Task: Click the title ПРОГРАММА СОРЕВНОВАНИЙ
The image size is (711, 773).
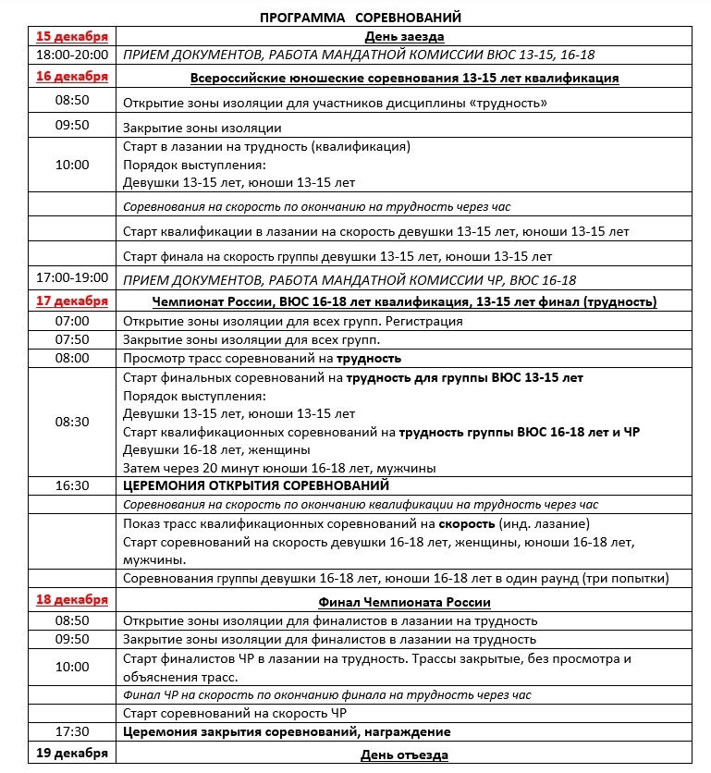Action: pyautogui.click(x=361, y=17)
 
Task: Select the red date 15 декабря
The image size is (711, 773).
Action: pyautogui.click(x=71, y=36)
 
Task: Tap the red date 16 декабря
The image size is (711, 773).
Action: pyautogui.click(x=71, y=77)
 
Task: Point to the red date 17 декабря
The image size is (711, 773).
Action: pyautogui.click(x=71, y=301)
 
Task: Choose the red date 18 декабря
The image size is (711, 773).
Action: pyautogui.click(x=71, y=600)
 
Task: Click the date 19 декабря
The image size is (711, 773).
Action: pyautogui.click(x=71, y=754)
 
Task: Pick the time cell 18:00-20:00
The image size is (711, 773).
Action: pyautogui.click(x=71, y=55)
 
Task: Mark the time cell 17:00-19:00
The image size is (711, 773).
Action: pyautogui.click(x=71, y=278)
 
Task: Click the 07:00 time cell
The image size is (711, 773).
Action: pyautogui.click(x=71, y=321)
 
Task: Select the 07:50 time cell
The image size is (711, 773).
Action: pyautogui.click(x=71, y=339)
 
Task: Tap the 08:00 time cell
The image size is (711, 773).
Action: pyautogui.click(x=71, y=358)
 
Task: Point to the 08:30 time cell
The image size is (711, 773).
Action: pyautogui.click(x=71, y=422)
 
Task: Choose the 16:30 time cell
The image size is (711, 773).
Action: pyautogui.click(x=71, y=485)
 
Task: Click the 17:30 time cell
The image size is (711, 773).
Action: pyautogui.click(x=71, y=731)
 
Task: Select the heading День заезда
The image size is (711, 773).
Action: pyautogui.click(x=405, y=37)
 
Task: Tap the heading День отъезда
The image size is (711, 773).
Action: pyautogui.click(x=405, y=755)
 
